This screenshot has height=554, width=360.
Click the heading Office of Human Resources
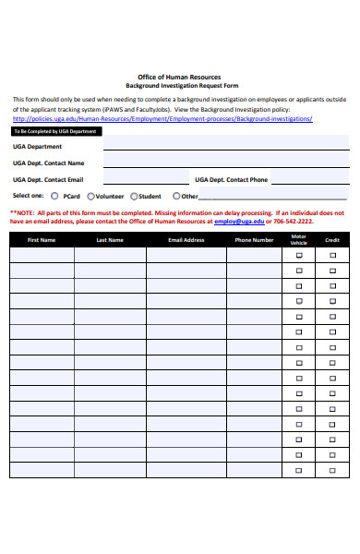[x=179, y=77]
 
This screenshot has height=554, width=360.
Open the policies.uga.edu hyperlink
[x=162, y=119]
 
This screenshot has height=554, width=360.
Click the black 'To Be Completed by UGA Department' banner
[x=54, y=131]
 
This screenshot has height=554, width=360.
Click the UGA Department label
[x=38, y=146]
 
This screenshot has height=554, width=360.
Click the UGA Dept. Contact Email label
[x=48, y=179]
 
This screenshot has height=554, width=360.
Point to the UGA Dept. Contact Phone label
[x=231, y=179]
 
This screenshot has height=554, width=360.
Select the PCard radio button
[x=54, y=196]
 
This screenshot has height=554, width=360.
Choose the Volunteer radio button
[x=90, y=196]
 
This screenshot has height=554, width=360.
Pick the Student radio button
[x=134, y=196]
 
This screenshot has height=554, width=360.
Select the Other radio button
[x=176, y=196]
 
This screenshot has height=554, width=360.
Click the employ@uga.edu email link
[x=239, y=222]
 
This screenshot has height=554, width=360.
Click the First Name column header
[x=42, y=240]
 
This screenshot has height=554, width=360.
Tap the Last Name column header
[x=110, y=240]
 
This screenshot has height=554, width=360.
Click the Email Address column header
[x=186, y=240]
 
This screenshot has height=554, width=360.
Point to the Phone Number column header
[x=254, y=240]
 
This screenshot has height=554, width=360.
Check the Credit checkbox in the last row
[x=332, y=469]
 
